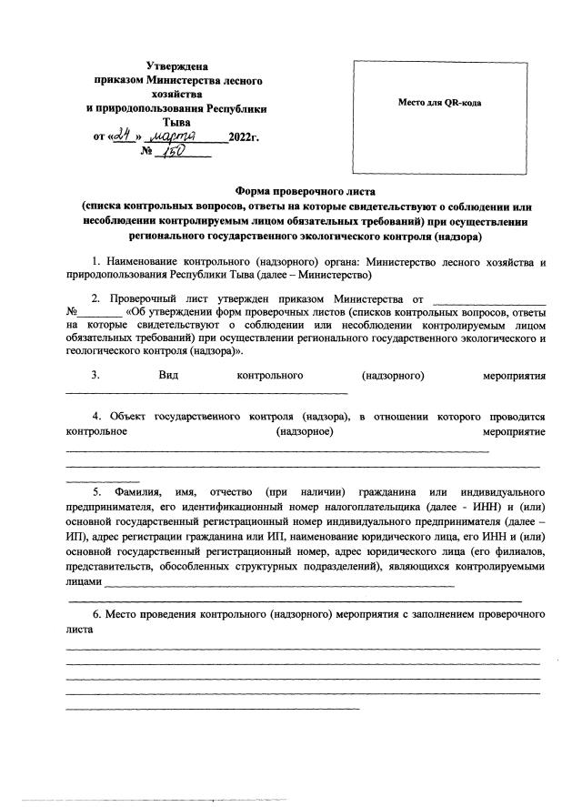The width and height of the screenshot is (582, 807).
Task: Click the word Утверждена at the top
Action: pyautogui.click(x=177, y=66)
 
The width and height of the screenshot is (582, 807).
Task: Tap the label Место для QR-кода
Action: pyautogui.click(x=439, y=103)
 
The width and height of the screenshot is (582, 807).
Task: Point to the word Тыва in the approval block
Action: pyautogui.click(x=176, y=121)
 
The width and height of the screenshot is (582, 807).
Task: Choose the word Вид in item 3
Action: pyautogui.click(x=167, y=375)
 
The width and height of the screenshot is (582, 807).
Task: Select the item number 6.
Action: pyautogui.click(x=95, y=615)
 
